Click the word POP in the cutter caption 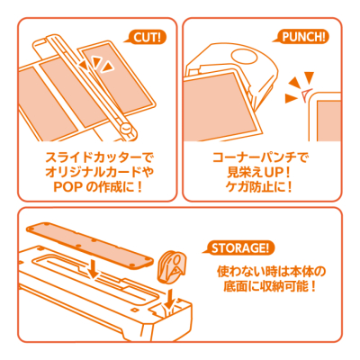tap(59, 186)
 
